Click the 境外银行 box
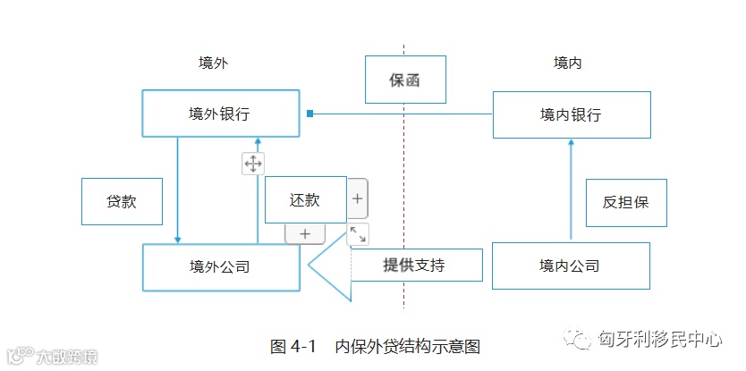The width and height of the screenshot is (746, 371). coord(220,114)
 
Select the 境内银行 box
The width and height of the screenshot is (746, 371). coord(571,114)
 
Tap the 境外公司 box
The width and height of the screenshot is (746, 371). coord(220,266)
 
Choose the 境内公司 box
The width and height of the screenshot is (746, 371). coord(570,266)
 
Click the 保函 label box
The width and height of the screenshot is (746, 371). coord(405,80)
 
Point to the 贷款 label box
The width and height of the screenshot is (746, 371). coord(122,201)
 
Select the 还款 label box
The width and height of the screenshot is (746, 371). coord(305,199)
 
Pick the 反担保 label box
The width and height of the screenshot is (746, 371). coord(625,202)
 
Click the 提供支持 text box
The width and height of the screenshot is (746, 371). coord(415,265)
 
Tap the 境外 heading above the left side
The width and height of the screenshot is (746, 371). coord(213,63)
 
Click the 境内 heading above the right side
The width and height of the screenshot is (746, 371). coord(568,63)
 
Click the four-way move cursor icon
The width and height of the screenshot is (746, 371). coord(253,164)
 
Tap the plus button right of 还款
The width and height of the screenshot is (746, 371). coord(357,199)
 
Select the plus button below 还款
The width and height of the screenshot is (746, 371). coord(304,234)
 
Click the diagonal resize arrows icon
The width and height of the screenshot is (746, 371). coord(357,234)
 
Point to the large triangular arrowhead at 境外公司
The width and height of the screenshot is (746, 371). coord(326,265)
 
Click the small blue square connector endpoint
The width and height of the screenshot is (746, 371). coord(309,114)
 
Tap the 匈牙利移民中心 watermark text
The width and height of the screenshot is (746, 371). coord(660,340)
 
